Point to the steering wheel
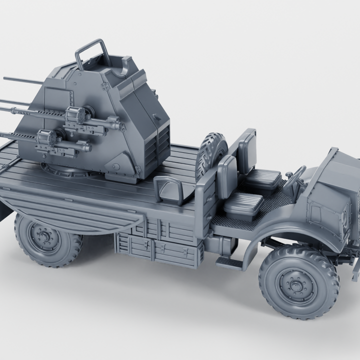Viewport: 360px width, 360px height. (x=294, y=178)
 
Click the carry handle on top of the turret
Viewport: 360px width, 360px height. (x=93, y=53)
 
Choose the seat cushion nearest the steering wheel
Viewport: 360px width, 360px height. (x=262, y=177)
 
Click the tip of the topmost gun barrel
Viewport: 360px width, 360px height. (x=5, y=78)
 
